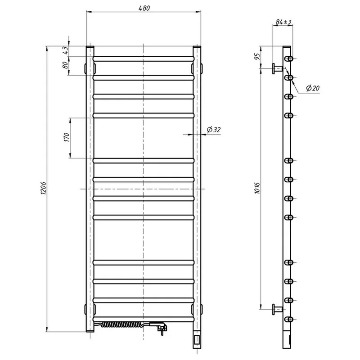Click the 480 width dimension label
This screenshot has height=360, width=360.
point(144,8)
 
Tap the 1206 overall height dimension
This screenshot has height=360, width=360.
point(43,188)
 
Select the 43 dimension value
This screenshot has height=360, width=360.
point(65,50)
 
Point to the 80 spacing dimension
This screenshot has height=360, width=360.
point(65,65)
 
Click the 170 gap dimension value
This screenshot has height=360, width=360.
point(67,137)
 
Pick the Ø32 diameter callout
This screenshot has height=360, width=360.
point(213,130)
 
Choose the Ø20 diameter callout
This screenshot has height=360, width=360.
point(313,88)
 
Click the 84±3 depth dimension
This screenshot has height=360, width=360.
point(283,22)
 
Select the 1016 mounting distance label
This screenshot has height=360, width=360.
point(257,188)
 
